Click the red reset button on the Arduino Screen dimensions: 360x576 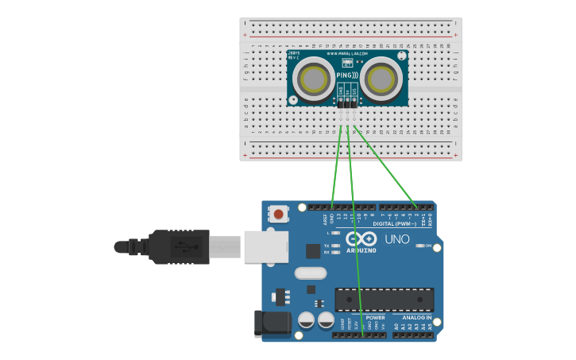pos(279,214)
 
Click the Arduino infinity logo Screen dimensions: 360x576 pos(361,239)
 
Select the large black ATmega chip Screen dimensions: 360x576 pos(384,300)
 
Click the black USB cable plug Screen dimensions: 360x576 pos(179,246)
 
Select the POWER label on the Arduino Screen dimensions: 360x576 pos(375,318)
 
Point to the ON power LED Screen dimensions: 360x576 pos(421,246)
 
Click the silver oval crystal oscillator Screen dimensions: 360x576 pos(311,273)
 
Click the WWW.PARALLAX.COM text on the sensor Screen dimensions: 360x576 pos(347,54)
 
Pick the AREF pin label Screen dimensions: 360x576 pos(325,217)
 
